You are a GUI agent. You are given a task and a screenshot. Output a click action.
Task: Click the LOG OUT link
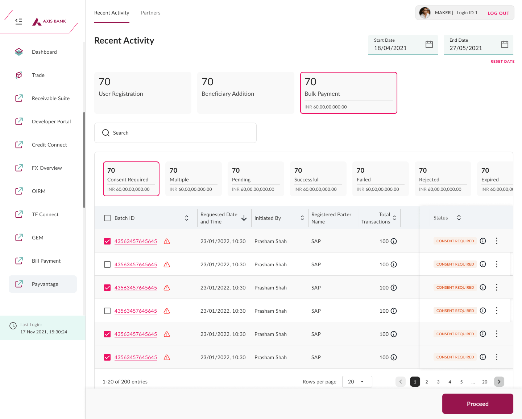(498, 13)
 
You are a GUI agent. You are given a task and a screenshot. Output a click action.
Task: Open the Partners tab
(151, 13)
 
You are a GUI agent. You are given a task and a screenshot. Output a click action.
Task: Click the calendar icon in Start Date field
(429, 44)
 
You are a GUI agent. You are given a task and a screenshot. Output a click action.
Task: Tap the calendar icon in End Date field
(504, 44)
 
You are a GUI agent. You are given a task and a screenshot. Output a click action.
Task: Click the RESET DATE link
(502, 61)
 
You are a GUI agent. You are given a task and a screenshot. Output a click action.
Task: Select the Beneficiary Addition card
(245, 93)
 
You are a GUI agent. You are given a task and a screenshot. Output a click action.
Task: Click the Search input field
(175, 133)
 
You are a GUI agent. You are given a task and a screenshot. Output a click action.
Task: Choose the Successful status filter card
(318, 179)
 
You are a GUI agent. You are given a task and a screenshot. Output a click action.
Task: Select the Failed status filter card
(380, 179)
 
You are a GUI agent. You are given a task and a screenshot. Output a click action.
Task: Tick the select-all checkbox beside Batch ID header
(107, 218)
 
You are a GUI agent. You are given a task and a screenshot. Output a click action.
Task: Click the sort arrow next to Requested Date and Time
(244, 218)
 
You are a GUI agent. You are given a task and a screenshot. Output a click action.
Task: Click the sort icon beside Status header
(459, 218)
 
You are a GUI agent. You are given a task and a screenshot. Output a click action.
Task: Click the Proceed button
(477, 404)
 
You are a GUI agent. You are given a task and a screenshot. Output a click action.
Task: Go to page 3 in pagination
(438, 382)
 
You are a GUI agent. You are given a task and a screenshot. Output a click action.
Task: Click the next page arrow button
(499, 382)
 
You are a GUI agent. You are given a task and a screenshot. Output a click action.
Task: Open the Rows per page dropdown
(357, 382)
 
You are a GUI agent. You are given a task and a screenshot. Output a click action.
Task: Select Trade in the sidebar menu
(38, 75)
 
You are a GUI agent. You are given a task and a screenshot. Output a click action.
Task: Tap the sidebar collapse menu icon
(19, 21)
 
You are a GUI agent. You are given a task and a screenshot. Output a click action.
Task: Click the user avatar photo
(425, 13)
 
